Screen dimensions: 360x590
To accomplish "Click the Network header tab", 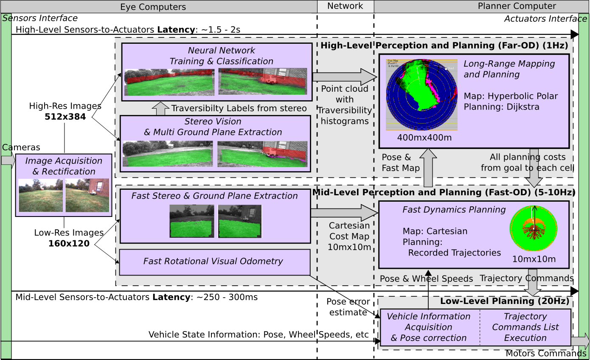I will tap(345, 6).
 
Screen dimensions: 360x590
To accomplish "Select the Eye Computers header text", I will tap(153, 7).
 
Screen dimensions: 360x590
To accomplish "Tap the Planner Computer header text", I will tap(517, 6).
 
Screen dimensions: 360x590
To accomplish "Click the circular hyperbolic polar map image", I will tap(421, 94).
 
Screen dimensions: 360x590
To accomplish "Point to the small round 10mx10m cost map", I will tap(533, 230).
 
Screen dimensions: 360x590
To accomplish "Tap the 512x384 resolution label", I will tap(65, 116).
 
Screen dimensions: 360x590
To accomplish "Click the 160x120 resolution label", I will tap(69, 243).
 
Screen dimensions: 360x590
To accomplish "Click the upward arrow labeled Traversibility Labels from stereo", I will tap(160, 108).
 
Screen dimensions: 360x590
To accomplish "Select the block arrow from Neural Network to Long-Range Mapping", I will tap(344, 77).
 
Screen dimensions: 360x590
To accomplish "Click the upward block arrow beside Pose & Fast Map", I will tap(428, 168).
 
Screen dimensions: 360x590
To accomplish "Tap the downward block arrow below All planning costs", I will tap(534, 168).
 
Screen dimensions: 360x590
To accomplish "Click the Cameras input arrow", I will tap(8, 160).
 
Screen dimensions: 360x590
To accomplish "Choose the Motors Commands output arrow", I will tap(580, 341).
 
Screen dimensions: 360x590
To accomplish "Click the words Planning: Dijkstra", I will tap(501, 107).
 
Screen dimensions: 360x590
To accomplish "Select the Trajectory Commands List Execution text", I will tap(525, 327).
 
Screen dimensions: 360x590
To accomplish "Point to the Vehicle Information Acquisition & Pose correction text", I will tap(428, 327).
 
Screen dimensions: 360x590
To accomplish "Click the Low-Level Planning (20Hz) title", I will tap(504, 301).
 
